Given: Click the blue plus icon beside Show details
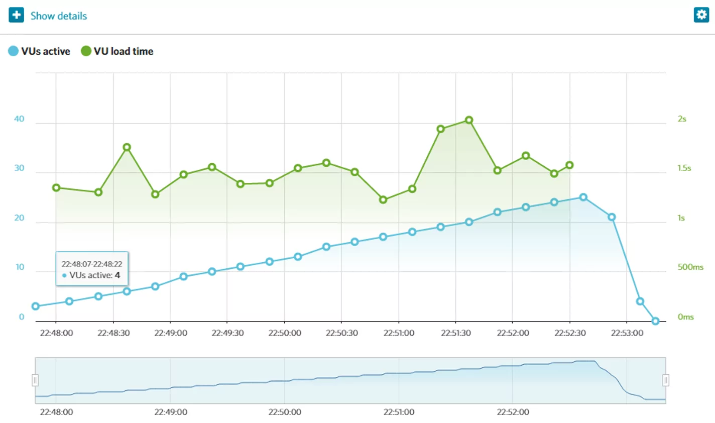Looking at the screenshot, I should (x=16, y=15).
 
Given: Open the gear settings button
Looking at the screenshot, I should (x=701, y=15).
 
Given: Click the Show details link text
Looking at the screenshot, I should (x=59, y=16).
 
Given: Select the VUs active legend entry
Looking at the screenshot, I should (x=40, y=51).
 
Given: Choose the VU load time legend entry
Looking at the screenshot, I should (x=117, y=51).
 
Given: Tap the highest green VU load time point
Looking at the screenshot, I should (x=469, y=120).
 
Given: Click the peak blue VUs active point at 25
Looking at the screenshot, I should (x=583, y=197).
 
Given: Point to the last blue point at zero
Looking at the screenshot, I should (x=655, y=321).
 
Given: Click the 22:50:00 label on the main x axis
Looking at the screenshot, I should (x=285, y=333).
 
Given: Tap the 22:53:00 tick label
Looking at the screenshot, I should (x=627, y=333).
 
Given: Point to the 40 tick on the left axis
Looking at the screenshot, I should (x=19, y=119).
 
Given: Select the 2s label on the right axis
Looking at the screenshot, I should (x=682, y=119).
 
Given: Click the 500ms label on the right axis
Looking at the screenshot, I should (x=690, y=267).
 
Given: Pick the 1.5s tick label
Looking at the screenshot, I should (x=684, y=168).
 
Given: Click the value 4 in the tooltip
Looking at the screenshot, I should (x=117, y=275).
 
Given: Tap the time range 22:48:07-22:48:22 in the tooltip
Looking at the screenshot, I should (x=92, y=264).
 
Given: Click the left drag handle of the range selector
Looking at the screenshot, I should (x=35, y=380).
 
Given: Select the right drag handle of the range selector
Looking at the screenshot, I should (x=666, y=380).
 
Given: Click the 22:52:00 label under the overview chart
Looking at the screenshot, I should (x=513, y=412).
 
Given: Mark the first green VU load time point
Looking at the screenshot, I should (x=56, y=188).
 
